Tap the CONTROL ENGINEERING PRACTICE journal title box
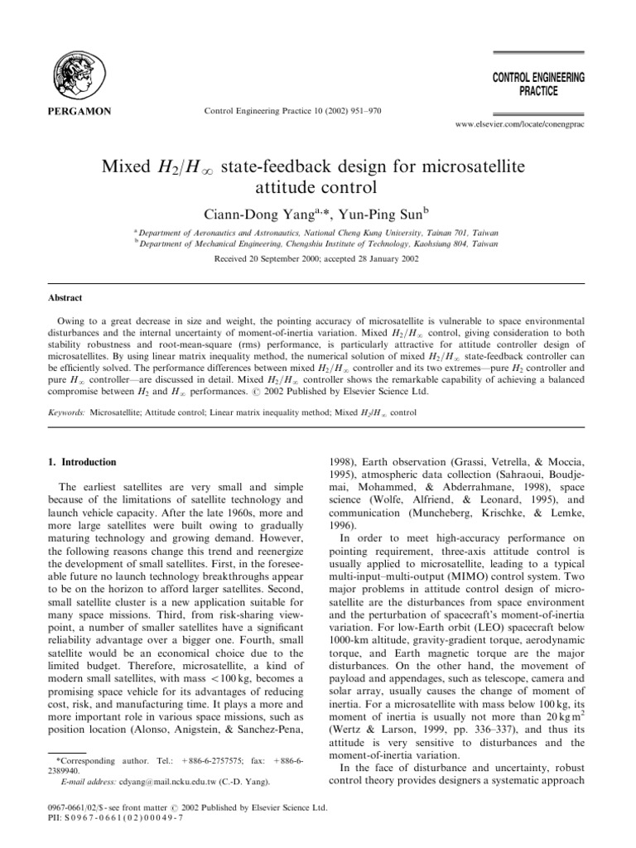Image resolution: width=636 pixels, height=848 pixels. [x=538, y=83]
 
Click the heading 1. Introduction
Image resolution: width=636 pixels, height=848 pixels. [x=81, y=461]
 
